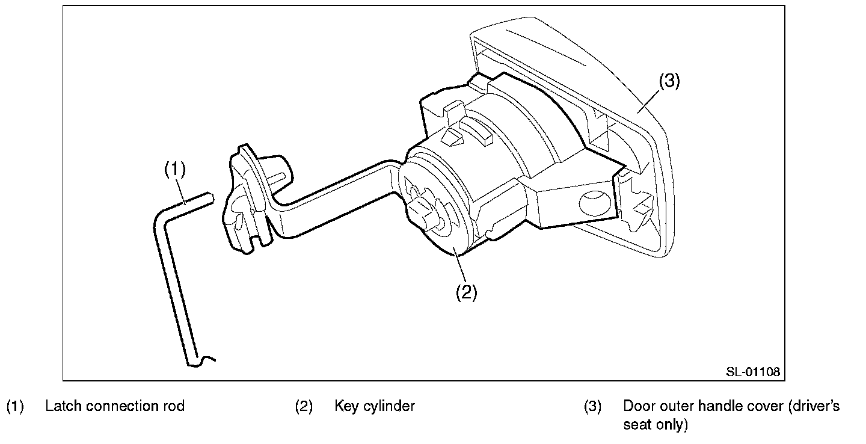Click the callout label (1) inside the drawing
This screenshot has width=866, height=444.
point(175,170)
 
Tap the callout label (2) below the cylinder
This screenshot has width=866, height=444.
point(466,292)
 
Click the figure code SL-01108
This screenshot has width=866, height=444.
point(752,372)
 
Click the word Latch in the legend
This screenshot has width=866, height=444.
point(64,406)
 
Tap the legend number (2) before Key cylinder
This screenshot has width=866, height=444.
point(304,406)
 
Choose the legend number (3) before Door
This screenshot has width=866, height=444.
point(593,406)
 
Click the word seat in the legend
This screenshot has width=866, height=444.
point(636,425)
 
